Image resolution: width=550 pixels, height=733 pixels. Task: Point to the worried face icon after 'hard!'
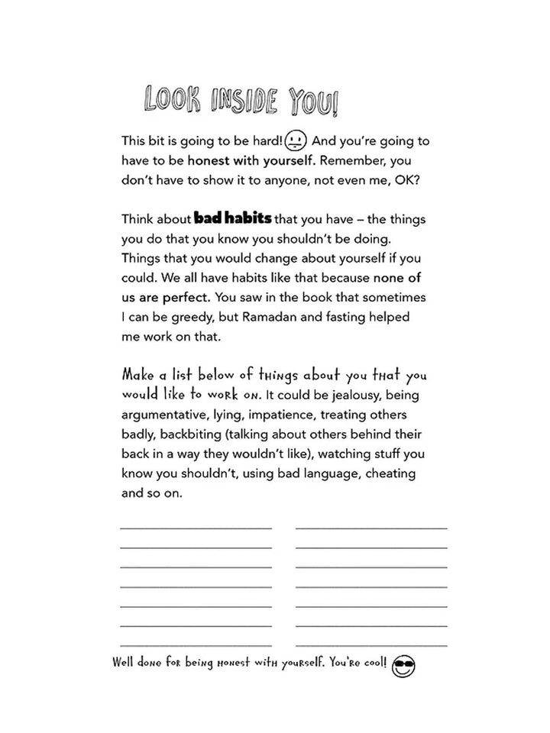pos(297,141)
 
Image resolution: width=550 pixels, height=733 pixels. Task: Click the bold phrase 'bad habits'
pos(233,218)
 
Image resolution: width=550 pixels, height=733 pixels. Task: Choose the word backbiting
pos(185,434)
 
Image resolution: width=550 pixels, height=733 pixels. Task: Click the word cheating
pos(388,474)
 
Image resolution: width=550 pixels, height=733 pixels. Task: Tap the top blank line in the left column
pos(196,528)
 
